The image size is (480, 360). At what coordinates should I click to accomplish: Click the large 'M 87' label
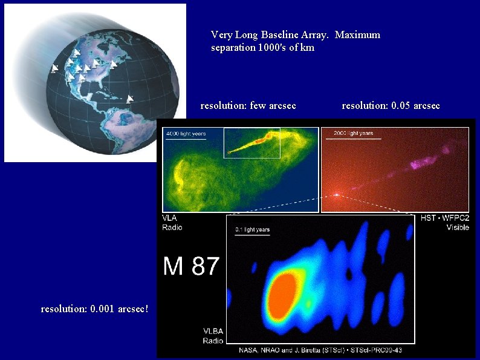[x=190, y=266]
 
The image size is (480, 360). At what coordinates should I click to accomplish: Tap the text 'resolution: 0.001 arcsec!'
[x=94, y=309]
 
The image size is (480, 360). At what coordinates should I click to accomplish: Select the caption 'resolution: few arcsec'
[x=248, y=106]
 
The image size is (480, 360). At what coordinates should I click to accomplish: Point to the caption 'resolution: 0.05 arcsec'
[x=391, y=106]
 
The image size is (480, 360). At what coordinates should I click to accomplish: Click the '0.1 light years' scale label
[x=253, y=230]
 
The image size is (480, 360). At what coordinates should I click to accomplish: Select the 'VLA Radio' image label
[x=172, y=223]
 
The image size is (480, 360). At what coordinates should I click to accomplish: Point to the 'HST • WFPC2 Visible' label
[x=441, y=223]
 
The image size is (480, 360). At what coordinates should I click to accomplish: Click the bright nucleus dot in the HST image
[x=336, y=195]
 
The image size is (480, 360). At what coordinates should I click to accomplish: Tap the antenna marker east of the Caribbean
[x=129, y=99]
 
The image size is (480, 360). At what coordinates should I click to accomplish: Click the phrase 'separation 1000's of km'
[x=262, y=48]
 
